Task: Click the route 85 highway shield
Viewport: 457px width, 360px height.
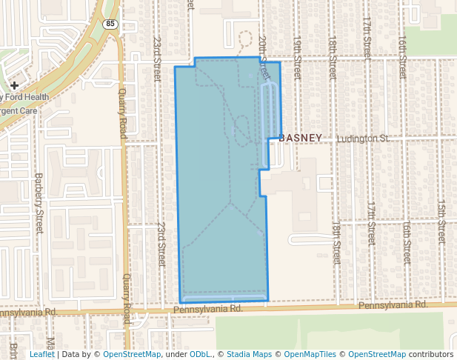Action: click(110, 23)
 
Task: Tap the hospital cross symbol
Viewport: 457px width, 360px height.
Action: click(14, 86)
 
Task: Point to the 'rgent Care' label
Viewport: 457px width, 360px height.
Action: click(19, 110)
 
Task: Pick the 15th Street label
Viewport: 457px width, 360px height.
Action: click(441, 220)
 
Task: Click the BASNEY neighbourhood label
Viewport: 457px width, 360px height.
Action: click(301, 138)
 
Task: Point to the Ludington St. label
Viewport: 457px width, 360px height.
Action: click(363, 139)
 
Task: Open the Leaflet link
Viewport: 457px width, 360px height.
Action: click(41, 354)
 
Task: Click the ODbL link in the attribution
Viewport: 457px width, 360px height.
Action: click(201, 354)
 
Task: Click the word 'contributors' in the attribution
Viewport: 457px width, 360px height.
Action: click(432, 354)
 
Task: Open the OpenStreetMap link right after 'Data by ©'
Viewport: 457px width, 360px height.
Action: click(132, 354)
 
